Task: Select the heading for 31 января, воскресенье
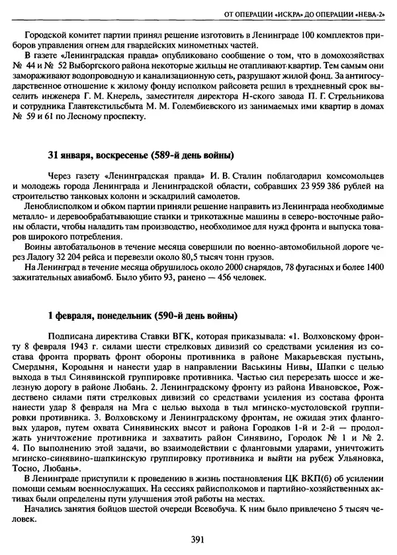140,156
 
